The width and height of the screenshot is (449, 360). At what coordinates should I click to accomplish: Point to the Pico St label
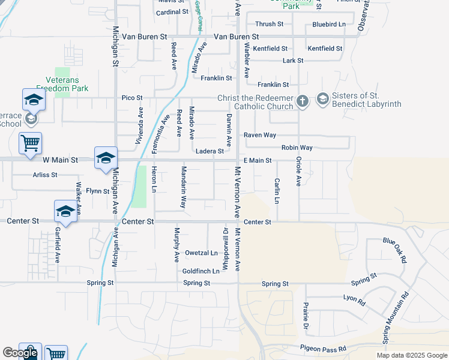(132, 97)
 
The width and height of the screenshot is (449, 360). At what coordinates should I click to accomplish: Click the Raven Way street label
(260, 135)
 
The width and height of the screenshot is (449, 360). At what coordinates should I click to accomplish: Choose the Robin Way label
(297, 148)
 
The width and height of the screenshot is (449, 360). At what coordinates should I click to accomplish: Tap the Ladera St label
(210, 151)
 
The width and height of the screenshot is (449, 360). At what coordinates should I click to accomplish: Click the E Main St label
(258, 160)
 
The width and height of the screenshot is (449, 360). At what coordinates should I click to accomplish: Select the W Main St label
(60, 160)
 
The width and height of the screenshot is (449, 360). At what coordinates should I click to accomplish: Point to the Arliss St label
(45, 175)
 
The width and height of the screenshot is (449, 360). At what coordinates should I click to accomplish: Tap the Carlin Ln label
(277, 191)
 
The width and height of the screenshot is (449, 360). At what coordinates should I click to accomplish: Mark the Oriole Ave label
(298, 172)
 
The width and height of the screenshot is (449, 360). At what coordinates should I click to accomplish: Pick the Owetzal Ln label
(201, 253)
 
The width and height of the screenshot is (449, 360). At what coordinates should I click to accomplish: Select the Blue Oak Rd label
(395, 249)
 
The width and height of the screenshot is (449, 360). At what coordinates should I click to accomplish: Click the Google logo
(20, 353)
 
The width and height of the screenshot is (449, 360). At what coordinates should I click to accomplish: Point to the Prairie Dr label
(306, 316)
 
